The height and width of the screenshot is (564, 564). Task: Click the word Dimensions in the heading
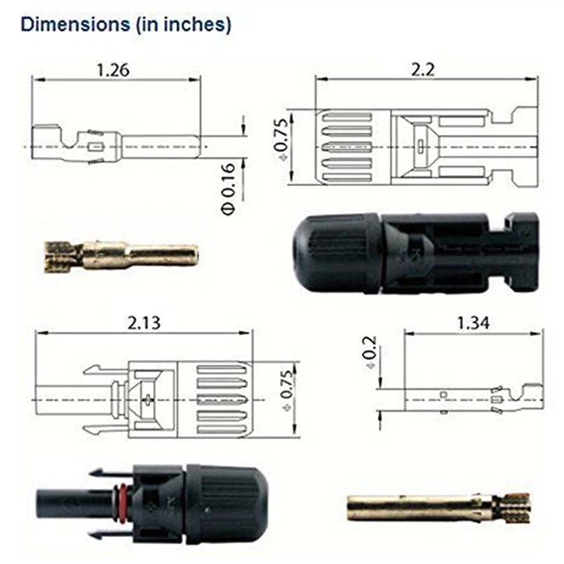[75, 25]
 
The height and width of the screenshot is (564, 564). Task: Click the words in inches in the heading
[183, 25]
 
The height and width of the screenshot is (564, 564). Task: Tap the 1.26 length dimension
[113, 70]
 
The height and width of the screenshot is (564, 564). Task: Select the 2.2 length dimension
[423, 69]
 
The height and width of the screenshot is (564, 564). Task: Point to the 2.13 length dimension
[144, 323]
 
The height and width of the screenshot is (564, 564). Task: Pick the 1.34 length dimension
[473, 323]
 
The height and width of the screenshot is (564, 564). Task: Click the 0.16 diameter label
[228, 189]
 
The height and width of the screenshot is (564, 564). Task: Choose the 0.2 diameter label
[369, 352]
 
